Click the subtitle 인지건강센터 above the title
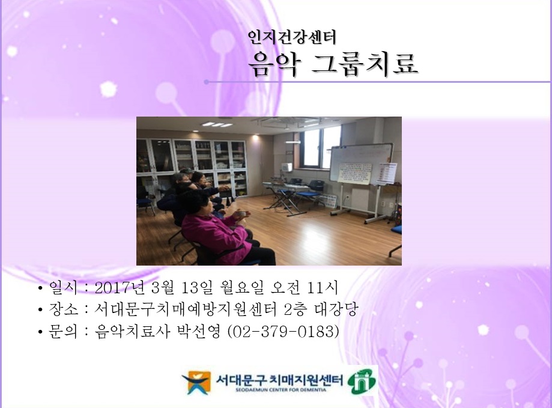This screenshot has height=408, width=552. (x=292, y=37)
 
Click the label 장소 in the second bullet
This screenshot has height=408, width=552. (x=64, y=309)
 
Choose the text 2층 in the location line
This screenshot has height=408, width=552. (x=296, y=309)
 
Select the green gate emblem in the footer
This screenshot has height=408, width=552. (x=363, y=381)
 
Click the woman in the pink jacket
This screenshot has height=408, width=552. (x=213, y=231)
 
